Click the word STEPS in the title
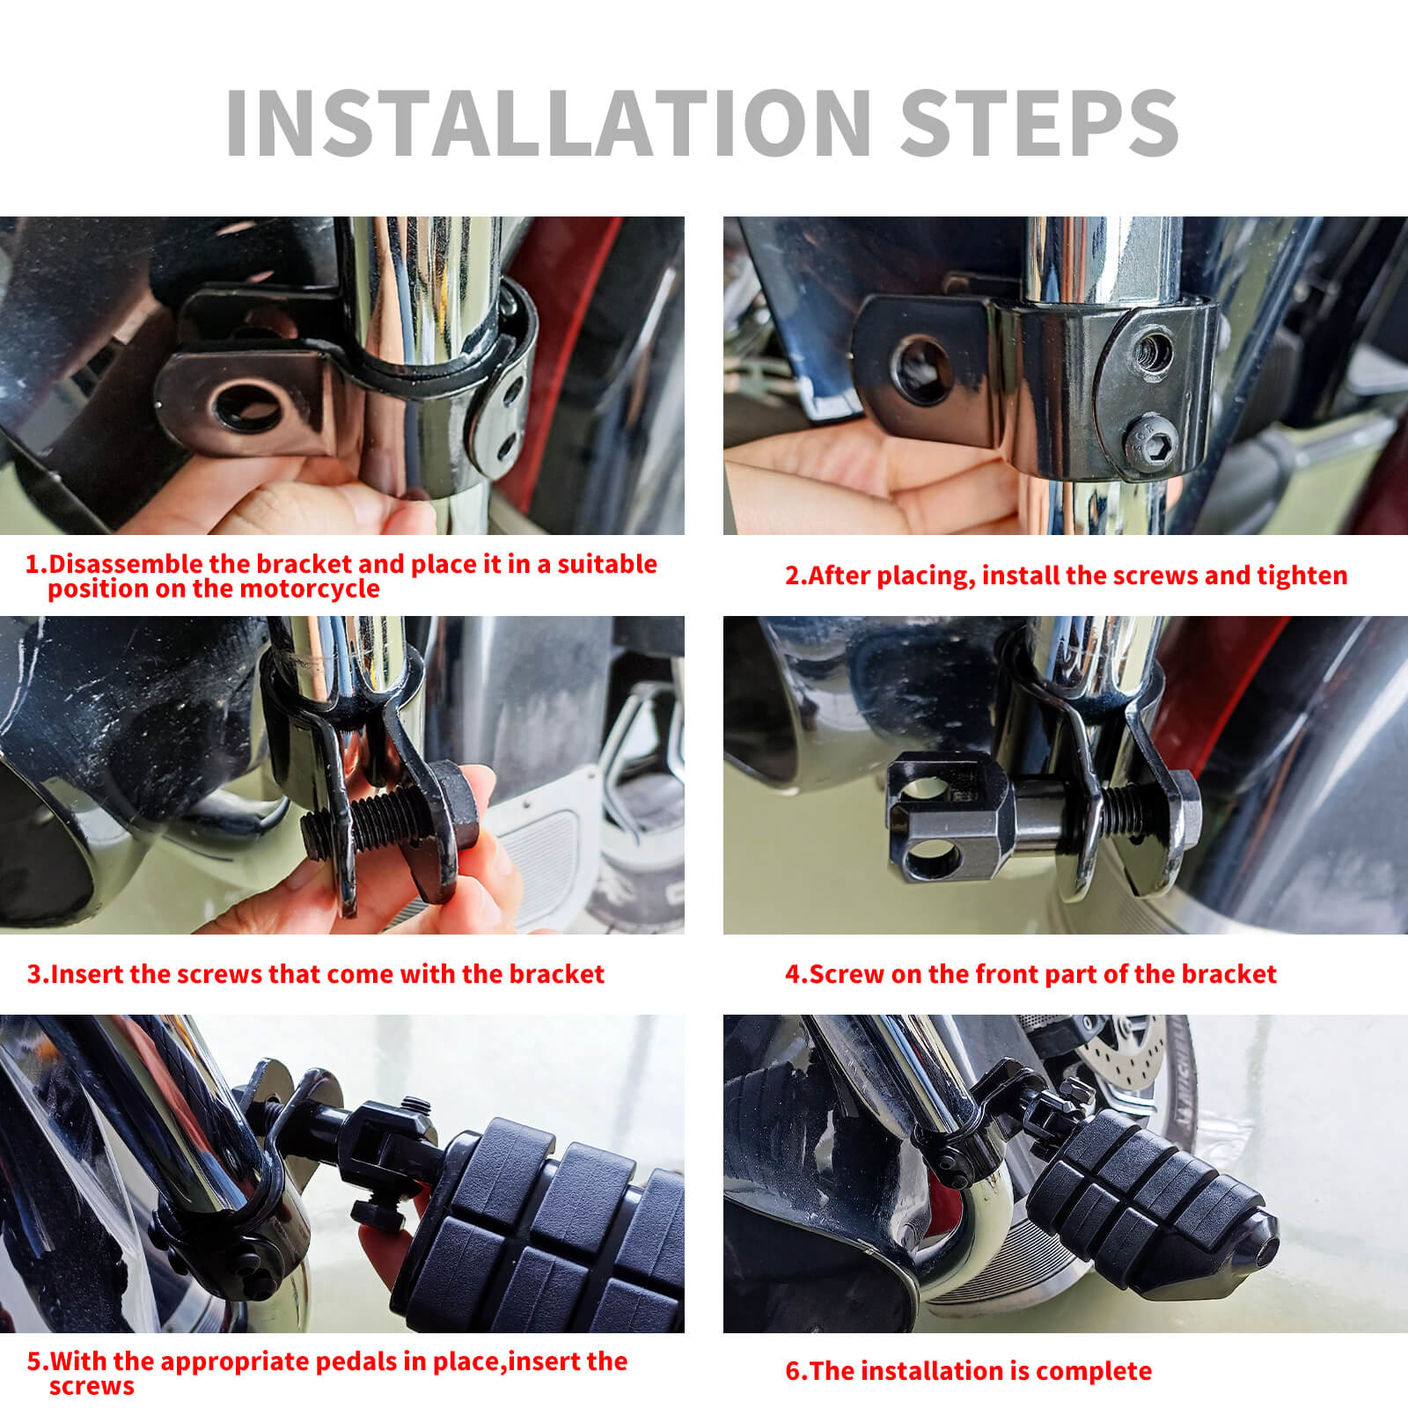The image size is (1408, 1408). pyautogui.click(x=1038, y=122)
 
